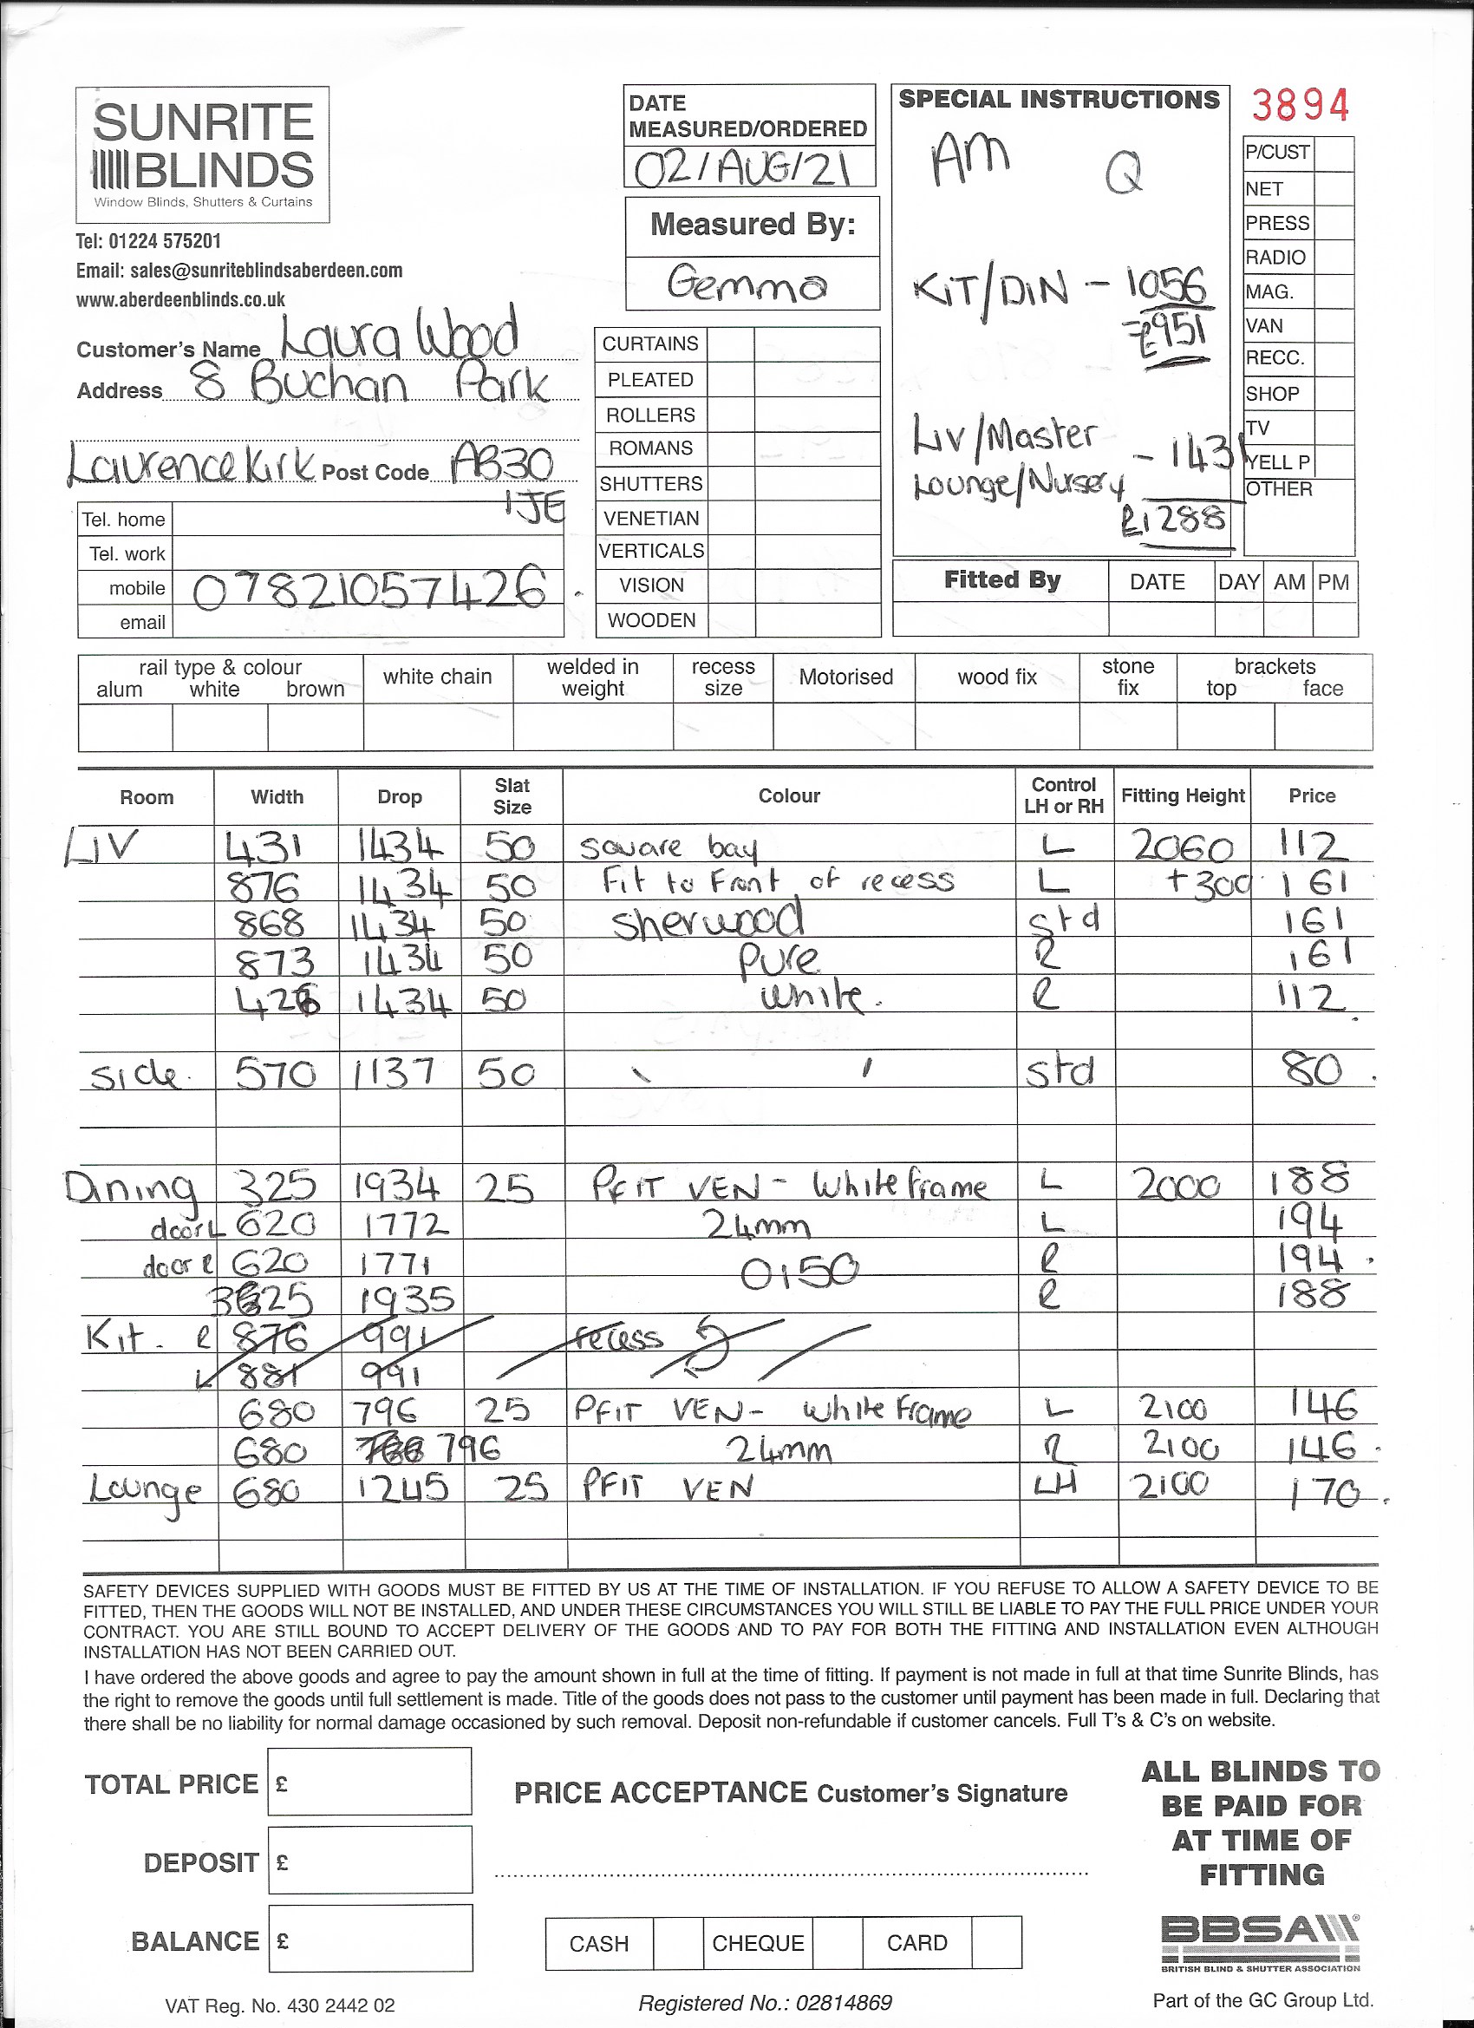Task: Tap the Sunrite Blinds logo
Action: tap(203, 154)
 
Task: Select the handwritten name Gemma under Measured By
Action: tap(747, 285)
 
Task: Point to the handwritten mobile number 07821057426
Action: tap(368, 589)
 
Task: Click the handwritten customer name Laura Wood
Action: tap(400, 337)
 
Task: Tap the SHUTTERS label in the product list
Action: tap(651, 484)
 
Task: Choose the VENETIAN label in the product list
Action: tap(651, 519)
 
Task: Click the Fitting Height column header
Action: tap(1183, 795)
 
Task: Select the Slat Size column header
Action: tap(512, 795)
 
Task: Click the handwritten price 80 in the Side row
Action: tap(1312, 1070)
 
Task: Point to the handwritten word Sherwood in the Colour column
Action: tap(707, 921)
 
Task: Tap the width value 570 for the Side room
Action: tap(277, 1072)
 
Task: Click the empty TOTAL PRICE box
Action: tap(369, 1781)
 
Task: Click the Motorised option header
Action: tap(845, 677)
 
